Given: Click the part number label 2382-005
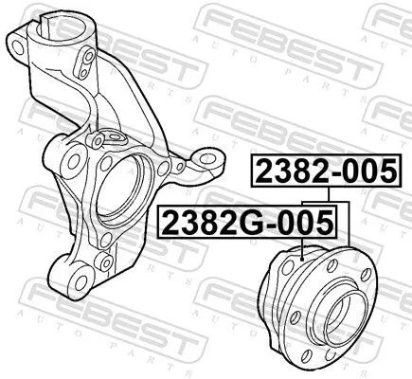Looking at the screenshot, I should (x=322, y=171).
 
